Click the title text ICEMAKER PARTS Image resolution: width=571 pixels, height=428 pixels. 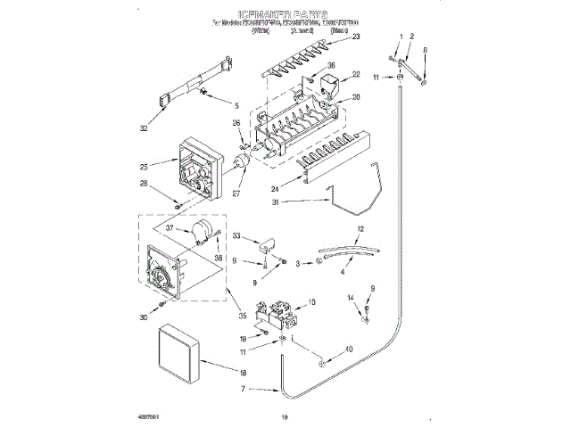point(285,16)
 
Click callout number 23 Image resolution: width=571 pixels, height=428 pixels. point(356,37)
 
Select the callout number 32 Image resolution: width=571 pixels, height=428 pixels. point(144,128)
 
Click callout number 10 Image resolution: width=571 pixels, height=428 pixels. point(311,303)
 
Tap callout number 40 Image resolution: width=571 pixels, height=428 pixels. point(348,349)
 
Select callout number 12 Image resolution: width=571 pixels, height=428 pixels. point(360,229)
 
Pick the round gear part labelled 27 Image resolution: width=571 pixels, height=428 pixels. point(239,162)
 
